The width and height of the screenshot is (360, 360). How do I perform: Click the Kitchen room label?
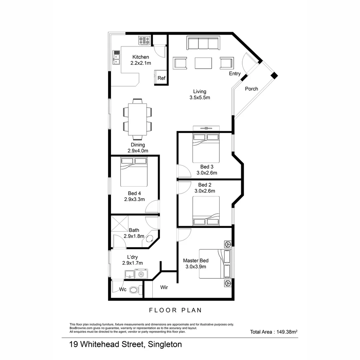(140, 57)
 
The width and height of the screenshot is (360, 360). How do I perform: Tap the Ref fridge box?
(161, 78)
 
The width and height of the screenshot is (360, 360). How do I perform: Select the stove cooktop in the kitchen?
(144, 41)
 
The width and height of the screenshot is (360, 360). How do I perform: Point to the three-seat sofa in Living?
(203, 43)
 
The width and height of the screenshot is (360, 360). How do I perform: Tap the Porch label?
(251, 89)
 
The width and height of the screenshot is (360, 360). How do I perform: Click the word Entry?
(235, 74)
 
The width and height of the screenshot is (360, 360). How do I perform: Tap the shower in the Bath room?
(120, 224)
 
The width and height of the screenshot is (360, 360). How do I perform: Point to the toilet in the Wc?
(134, 290)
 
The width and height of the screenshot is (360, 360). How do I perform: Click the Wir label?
(164, 287)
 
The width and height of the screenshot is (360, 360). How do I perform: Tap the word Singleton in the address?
(165, 344)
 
